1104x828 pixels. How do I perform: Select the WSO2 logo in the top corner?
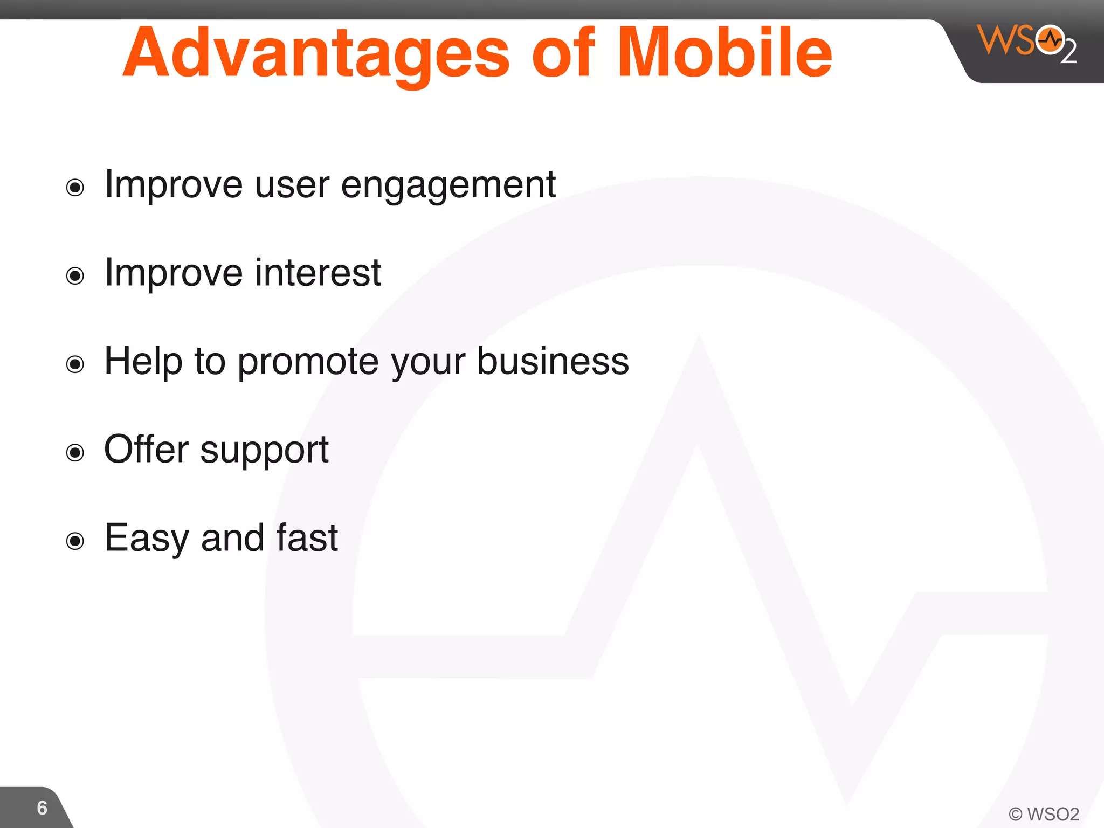pyautogui.click(x=1026, y=43)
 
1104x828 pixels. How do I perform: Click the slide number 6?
pyautogui.click(x=42, y=808)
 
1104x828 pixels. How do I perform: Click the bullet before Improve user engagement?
pyautogui.click(x=75, y=188)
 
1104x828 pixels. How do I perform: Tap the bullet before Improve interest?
pyautogui.click(x=75, y=276)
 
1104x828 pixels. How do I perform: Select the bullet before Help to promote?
pyautogui.click(x=75, y=364)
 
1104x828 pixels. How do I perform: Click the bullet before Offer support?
pyautogui.click(x=75, y=452)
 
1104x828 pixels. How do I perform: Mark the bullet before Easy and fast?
pyautogui.click(x=75, y=541)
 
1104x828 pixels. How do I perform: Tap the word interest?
pyautogui.click(x=318, y=273)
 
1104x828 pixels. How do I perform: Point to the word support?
pyautogui.click(x=264, y=451)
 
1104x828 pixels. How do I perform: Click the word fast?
pyautogui.click(x=307, y=537)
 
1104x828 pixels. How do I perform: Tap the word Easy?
pyautogui.click(x=146, y=539)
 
